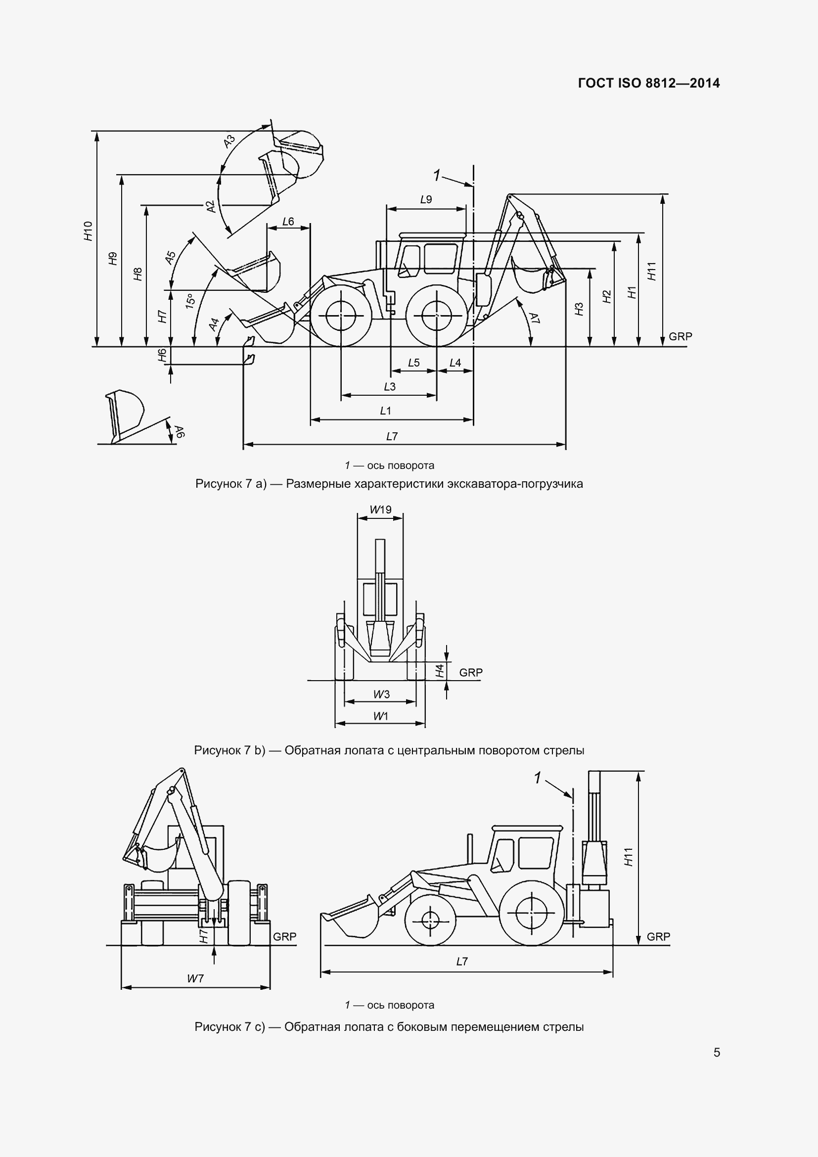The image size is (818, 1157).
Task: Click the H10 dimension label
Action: click(89, 231)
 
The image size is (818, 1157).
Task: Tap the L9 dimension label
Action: click(426, 199)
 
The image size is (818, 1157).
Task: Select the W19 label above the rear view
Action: click(380, 509)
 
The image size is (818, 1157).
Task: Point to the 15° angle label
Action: click(190, 301)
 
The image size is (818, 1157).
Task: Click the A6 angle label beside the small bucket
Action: click(180, 431)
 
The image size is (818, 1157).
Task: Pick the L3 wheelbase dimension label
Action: click(389, 386)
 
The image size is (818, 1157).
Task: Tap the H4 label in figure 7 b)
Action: click(440, 671)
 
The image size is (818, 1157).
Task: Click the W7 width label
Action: click(195, 978)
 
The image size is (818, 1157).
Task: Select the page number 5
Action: click(717, 1052)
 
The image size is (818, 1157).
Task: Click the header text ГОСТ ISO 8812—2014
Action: click(649, 83)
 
